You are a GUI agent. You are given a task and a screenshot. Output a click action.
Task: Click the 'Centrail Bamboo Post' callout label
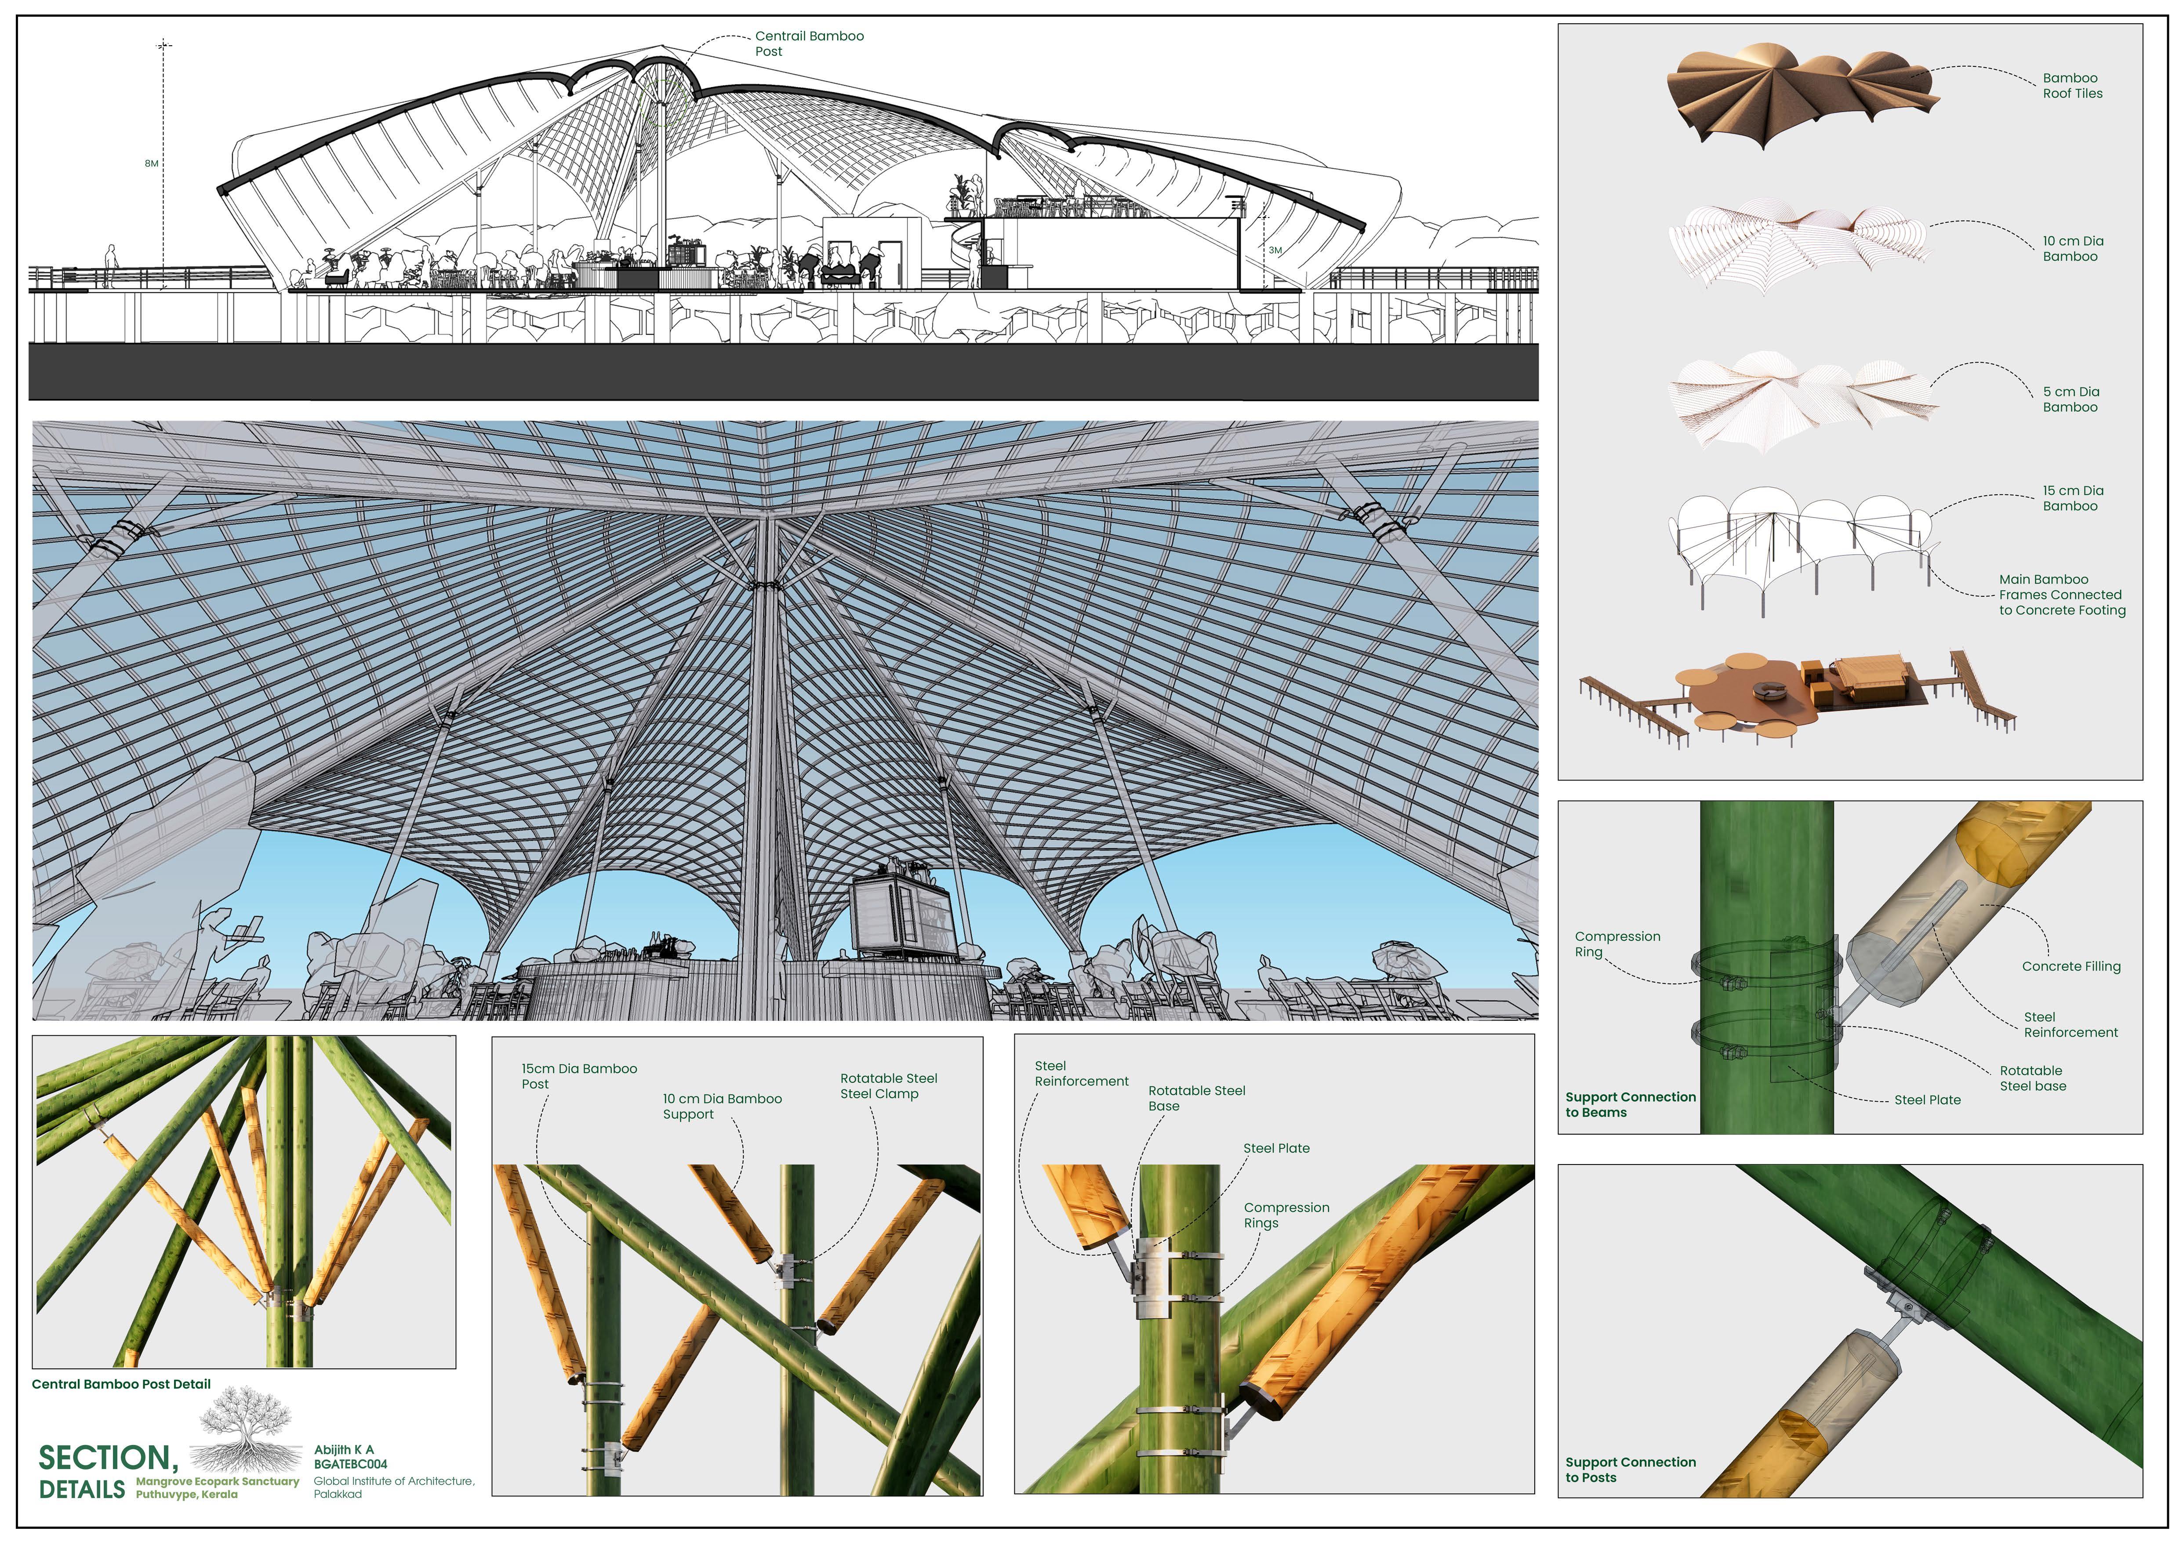tap(809, 44)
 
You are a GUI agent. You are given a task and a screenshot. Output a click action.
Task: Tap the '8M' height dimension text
tap(151, 163)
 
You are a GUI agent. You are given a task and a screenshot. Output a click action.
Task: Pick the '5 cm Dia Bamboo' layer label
tap(2071, 399)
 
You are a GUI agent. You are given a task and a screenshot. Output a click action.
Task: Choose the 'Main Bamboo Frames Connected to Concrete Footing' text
tap(2061, 594)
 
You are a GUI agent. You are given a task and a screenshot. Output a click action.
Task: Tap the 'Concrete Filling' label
tap(2071, 966)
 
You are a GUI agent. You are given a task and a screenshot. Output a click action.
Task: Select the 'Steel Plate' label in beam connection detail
tap(1927, 1100)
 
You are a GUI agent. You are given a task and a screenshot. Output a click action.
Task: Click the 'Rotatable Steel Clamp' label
tap(888, 1086)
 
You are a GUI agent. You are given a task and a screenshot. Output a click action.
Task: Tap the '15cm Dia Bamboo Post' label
tap(578, 1076)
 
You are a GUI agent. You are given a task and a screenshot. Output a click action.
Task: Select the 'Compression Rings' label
tap(1286, 1215)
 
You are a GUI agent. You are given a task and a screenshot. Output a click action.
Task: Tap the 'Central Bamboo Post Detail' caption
tap(121, 1384)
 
